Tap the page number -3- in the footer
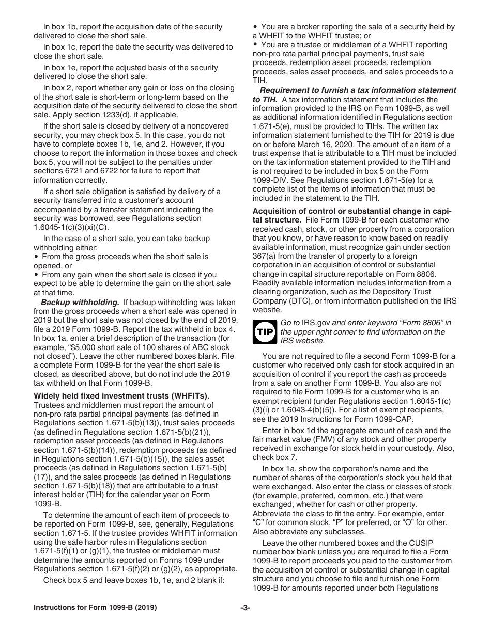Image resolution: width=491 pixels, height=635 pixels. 245,608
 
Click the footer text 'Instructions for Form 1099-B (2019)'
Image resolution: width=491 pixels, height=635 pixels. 95,608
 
